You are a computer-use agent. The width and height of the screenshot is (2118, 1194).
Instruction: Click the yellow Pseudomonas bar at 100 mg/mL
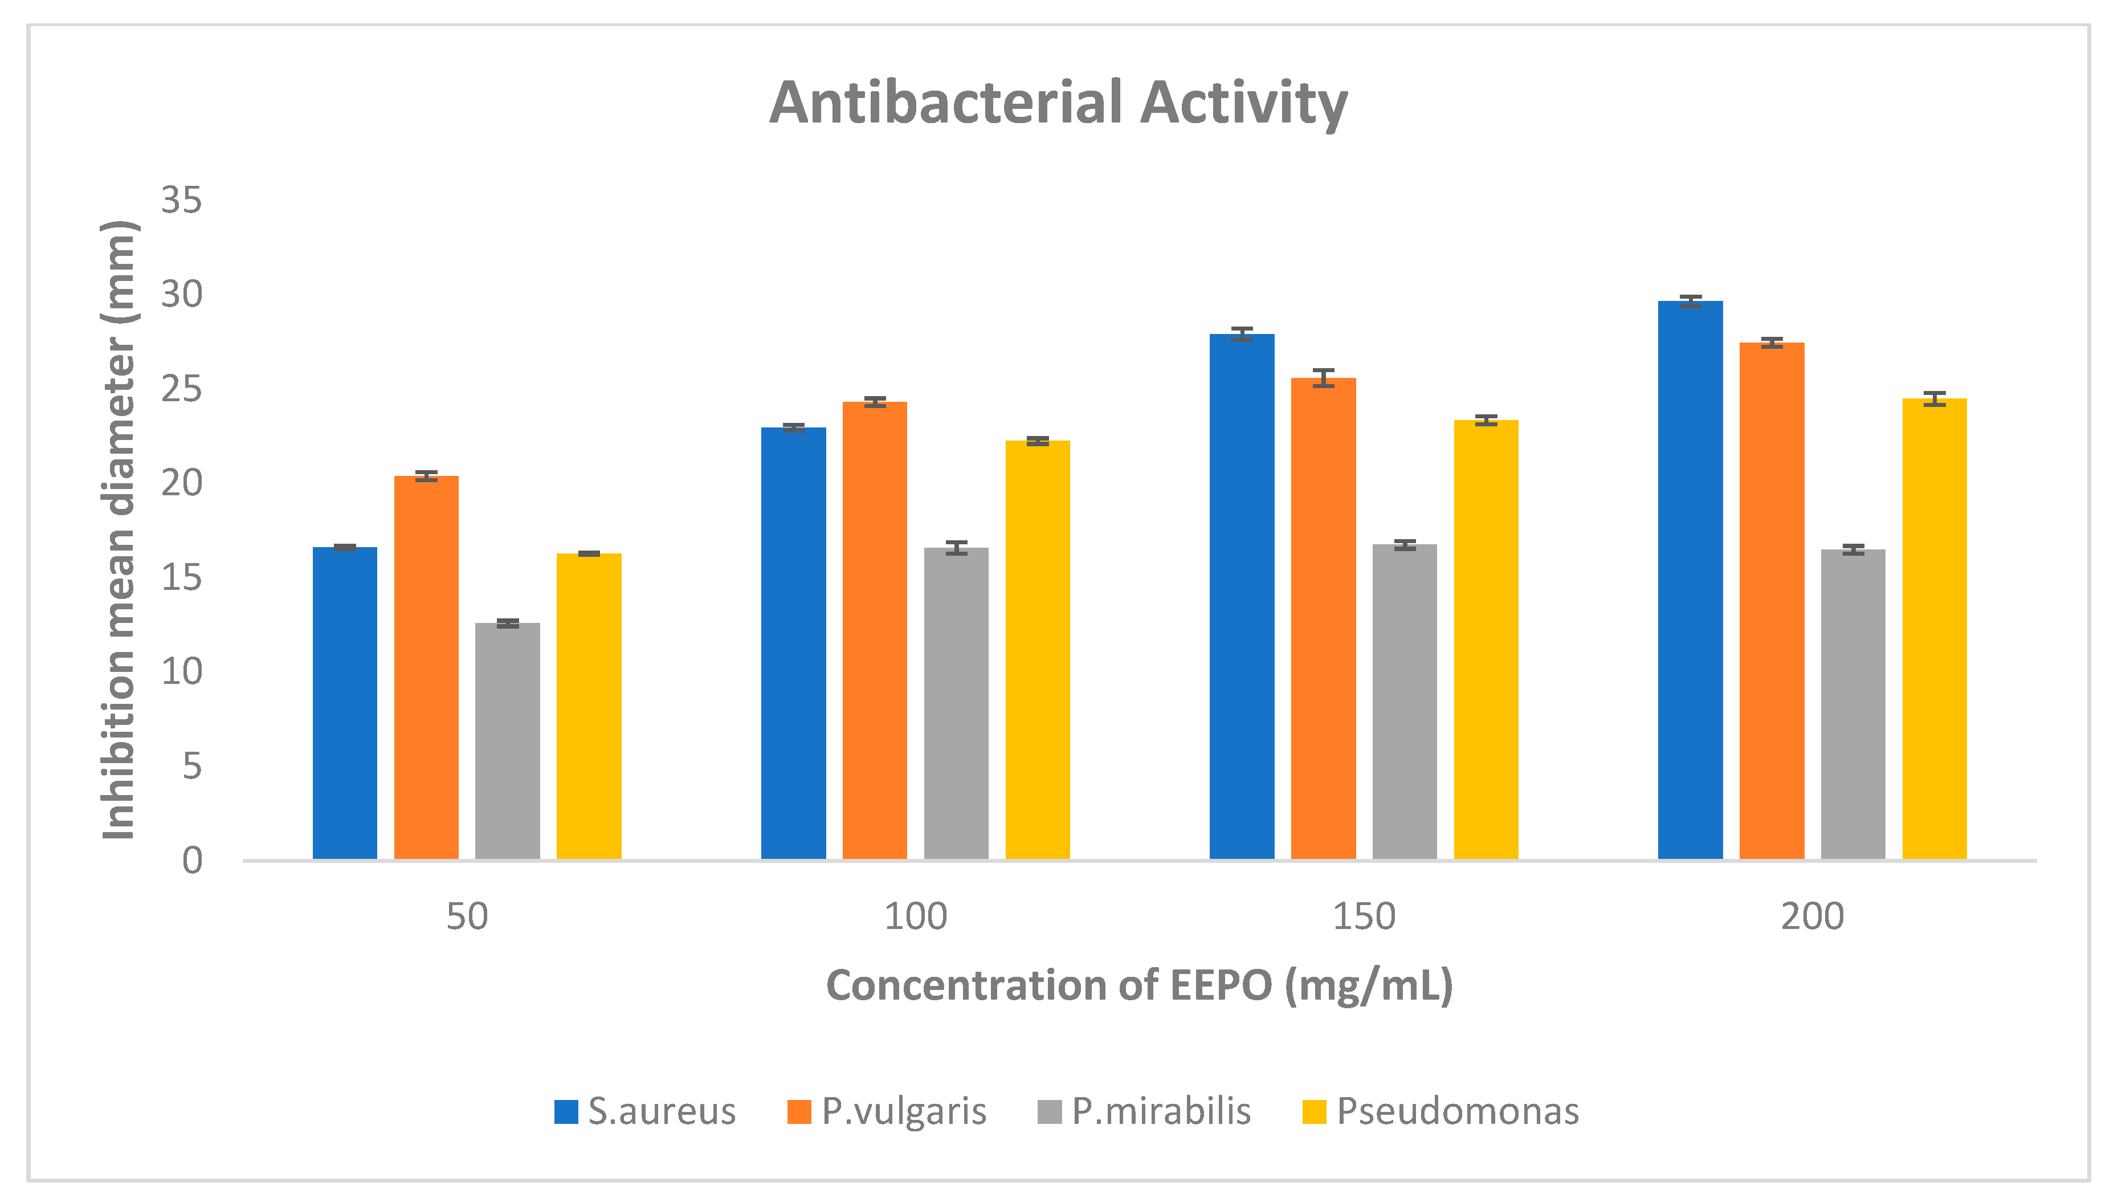pyautogui.click(x=1037, y=650)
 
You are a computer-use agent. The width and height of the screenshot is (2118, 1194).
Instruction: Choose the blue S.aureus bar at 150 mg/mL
pyautogui.click(x=1242, y=596)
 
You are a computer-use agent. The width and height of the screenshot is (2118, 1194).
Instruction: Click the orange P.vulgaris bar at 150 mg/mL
pyautogui.click(x=1323, y=618)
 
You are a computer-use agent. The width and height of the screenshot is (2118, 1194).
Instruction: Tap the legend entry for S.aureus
pyautogui.click(x=646, y=1111)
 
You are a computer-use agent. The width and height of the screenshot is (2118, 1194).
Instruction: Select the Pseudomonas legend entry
pyautogui.click(x=1440, y=1111)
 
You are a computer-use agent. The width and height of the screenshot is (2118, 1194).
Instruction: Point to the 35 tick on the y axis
pyautogui.click(x=181, y=200)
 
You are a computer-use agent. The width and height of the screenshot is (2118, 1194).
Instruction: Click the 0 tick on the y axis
pyautogui.click(x=191, y=860)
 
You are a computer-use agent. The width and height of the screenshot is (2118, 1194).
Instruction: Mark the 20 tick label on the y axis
pyautogui.click(x=181, y=483)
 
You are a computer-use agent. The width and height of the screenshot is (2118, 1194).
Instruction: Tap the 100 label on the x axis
pyautogui.click(x=915, y=916)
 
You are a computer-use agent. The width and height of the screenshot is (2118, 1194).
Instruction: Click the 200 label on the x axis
pyautogui.click(x=1812, y=916)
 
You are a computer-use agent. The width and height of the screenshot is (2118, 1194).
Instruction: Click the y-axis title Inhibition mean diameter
pyautogui.click(x=119, y=531)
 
